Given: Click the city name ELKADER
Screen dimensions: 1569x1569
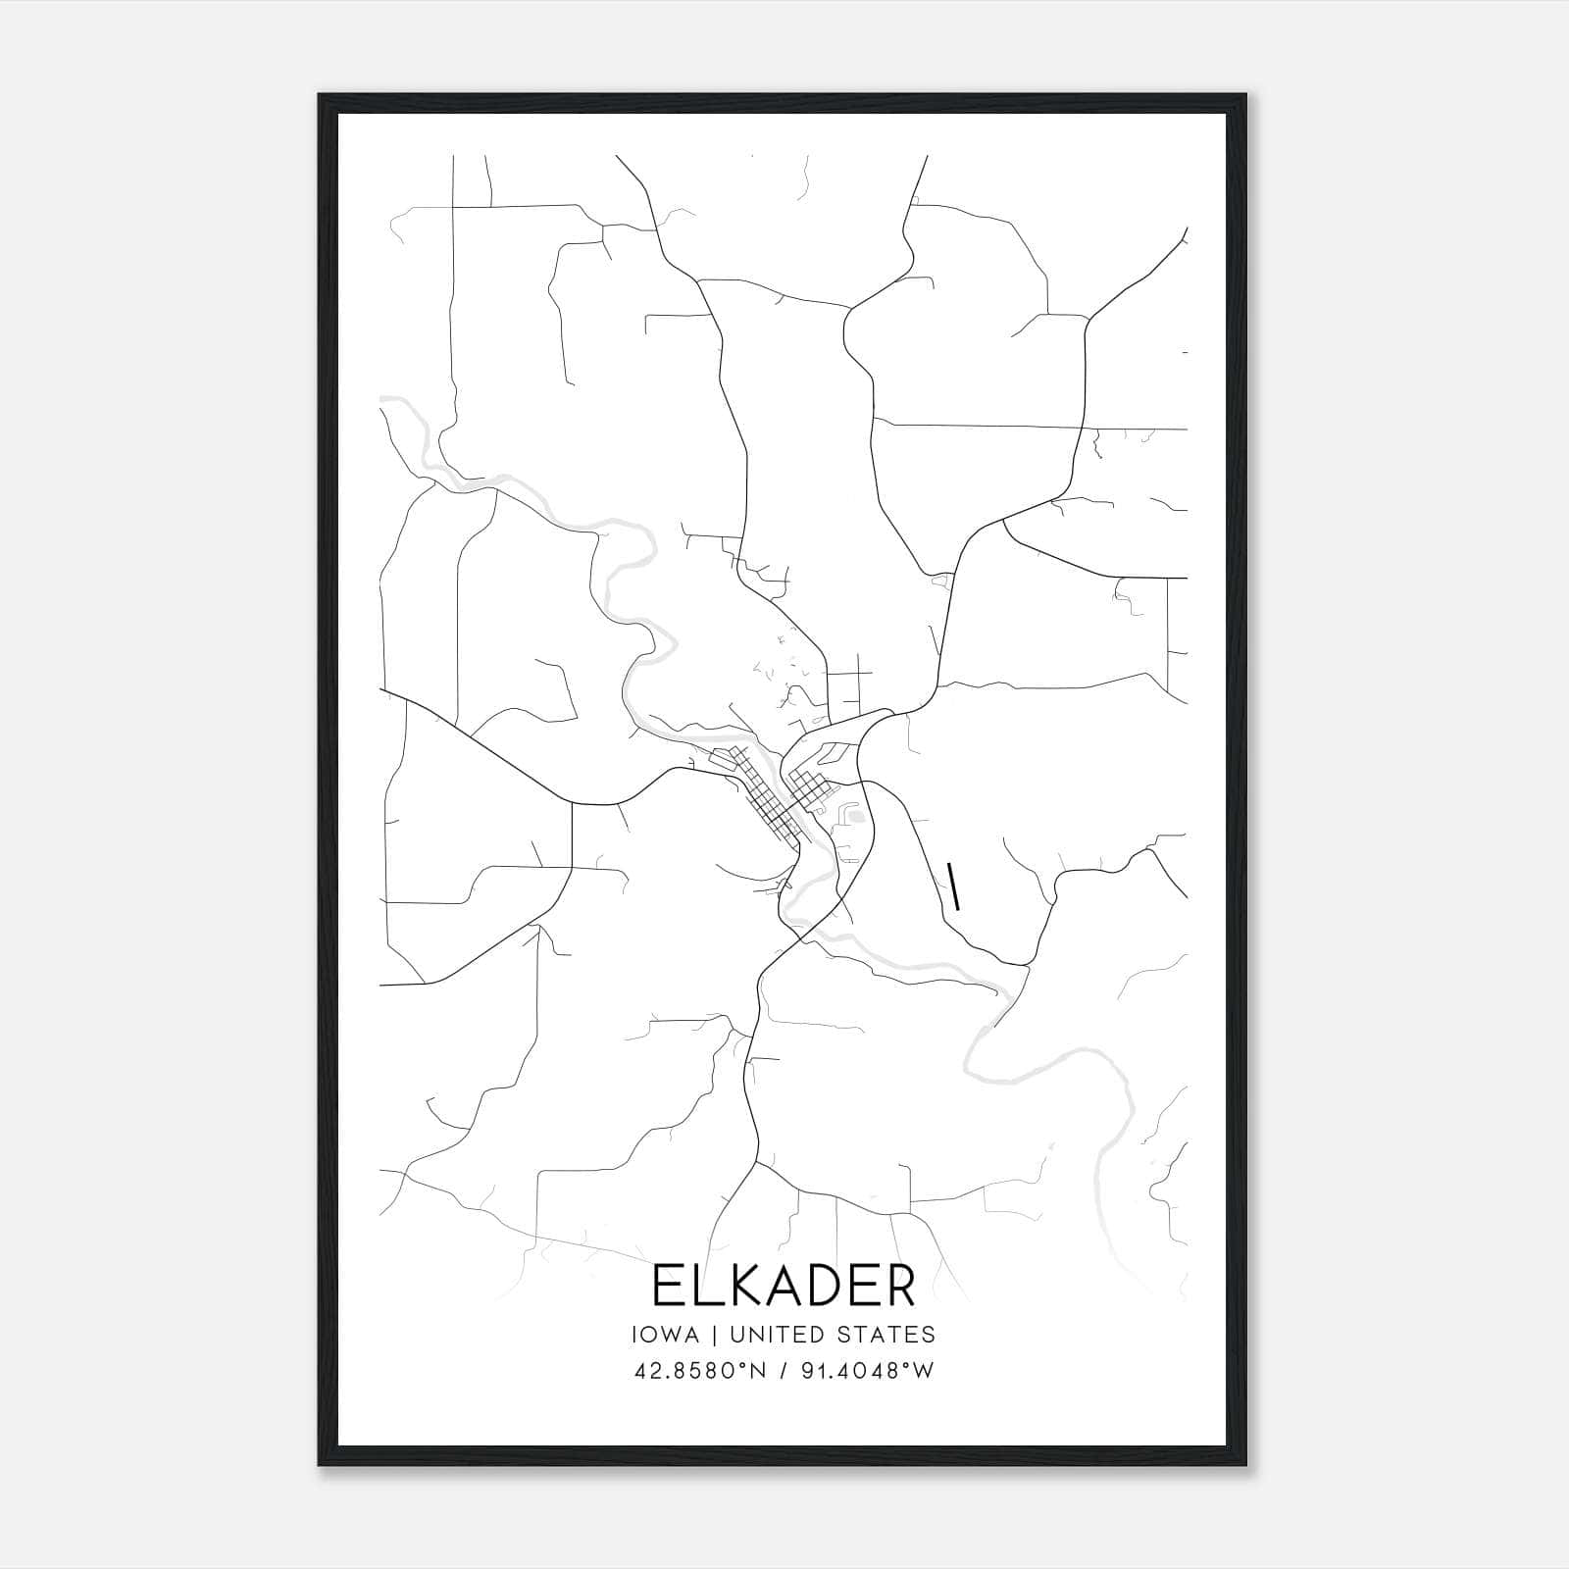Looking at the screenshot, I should pos(784,1286).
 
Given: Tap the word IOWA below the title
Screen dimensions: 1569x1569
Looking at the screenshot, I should pos(666,1335).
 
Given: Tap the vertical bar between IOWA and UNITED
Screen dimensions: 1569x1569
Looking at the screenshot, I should pos(714,1335).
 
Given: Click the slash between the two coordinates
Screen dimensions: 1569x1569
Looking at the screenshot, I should pos(783,1370).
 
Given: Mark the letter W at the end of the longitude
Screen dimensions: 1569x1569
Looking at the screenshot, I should pos(924,1370).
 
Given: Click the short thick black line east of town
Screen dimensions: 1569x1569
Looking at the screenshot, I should pos(953,886).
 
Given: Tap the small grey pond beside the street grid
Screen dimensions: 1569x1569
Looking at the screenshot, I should pos(856,815).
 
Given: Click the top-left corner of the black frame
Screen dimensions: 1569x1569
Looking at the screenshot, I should pos(320,96).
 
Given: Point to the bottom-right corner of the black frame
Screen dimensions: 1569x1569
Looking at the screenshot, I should pos(1245,1465).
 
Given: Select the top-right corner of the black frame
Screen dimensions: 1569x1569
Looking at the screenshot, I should pos(1245,96).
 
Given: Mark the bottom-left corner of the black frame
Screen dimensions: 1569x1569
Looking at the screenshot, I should pos(320,1465).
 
